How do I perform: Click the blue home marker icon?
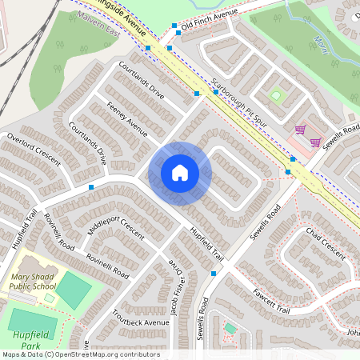pyautogui.click(x=180, y=172)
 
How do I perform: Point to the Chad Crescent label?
pyautogui.click(x=326, y=243)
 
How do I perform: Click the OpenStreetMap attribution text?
pyautogui.click(x=80, y=354)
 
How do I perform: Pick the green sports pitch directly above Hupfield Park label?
pyautogui.click(x=74, y=290)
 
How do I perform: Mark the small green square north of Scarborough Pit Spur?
pyautogui.click(x=276, y=95)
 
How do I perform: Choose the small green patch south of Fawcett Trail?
pyautogui.click(x=230, y=328)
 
